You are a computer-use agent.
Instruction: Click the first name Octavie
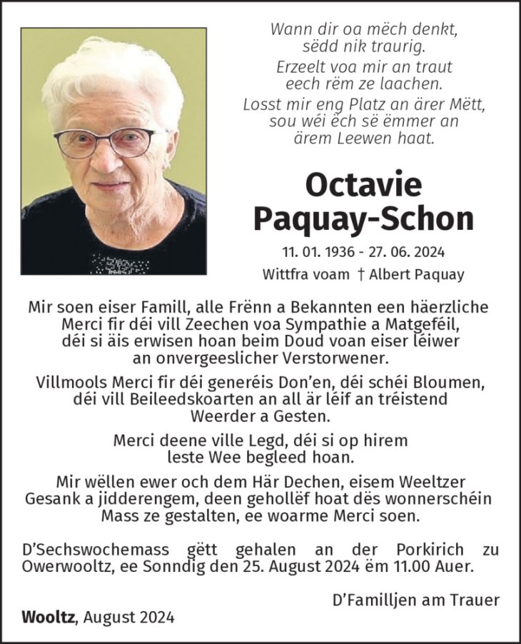363,184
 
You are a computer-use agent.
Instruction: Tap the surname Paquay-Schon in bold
363,218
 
